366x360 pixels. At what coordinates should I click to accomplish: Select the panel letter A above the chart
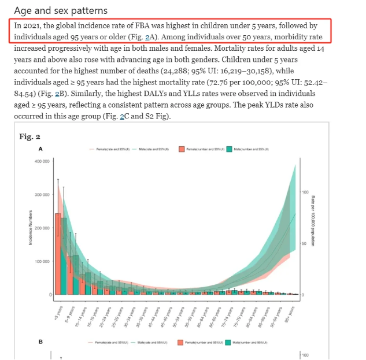[40, 149]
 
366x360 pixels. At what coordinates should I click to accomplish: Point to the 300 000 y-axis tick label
[43, 195]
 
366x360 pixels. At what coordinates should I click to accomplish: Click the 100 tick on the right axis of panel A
[305, 191]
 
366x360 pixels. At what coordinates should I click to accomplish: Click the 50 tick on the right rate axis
[304, 243]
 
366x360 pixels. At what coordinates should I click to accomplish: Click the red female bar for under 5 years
[58, 254]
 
